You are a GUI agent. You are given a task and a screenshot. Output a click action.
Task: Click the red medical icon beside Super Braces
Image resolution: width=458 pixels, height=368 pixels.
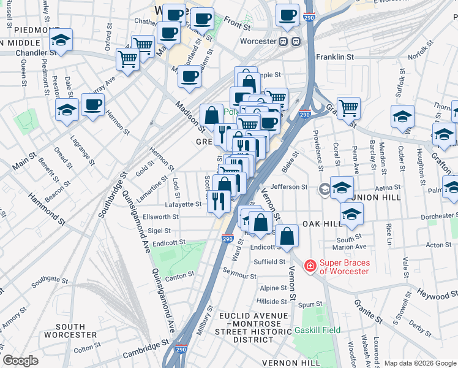310,266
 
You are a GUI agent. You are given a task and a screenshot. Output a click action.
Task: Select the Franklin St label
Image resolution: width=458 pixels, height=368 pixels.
335,56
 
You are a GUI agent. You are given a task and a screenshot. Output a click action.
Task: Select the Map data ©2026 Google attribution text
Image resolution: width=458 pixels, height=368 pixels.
419,363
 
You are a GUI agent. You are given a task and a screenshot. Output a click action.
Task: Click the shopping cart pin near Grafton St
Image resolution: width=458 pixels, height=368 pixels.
348,108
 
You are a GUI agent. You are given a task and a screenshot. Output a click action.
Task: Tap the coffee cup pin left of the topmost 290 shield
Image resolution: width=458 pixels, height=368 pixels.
287,15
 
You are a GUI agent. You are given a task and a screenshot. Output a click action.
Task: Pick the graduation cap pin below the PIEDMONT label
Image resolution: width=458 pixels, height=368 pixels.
61,40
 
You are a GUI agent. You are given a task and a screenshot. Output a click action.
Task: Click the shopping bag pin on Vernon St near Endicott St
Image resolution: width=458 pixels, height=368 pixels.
287,236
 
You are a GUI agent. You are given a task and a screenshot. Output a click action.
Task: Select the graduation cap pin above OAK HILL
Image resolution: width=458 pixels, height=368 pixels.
351,214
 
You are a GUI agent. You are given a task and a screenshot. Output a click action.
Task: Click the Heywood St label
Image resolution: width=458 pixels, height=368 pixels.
436,294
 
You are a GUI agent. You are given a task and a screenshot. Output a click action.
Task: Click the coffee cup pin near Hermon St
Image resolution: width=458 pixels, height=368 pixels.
92,105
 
